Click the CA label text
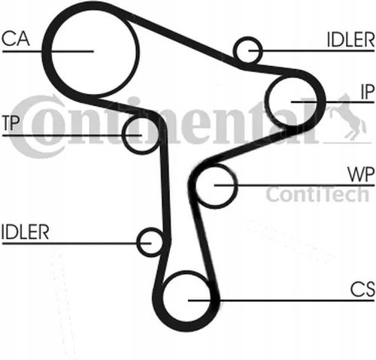click(x=16, y=38)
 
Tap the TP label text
click(x=11, y=123)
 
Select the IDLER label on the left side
click(x=25, y=232)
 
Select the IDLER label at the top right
click(x=350, y=40)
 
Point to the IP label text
click(x=368, y=92)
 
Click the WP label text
click(x=361, y=174)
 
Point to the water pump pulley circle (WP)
click(x=237, y=186)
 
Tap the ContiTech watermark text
click(x=317, y=194)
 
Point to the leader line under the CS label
click(x=281, y=300)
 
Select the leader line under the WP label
click(x=294, y=186)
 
